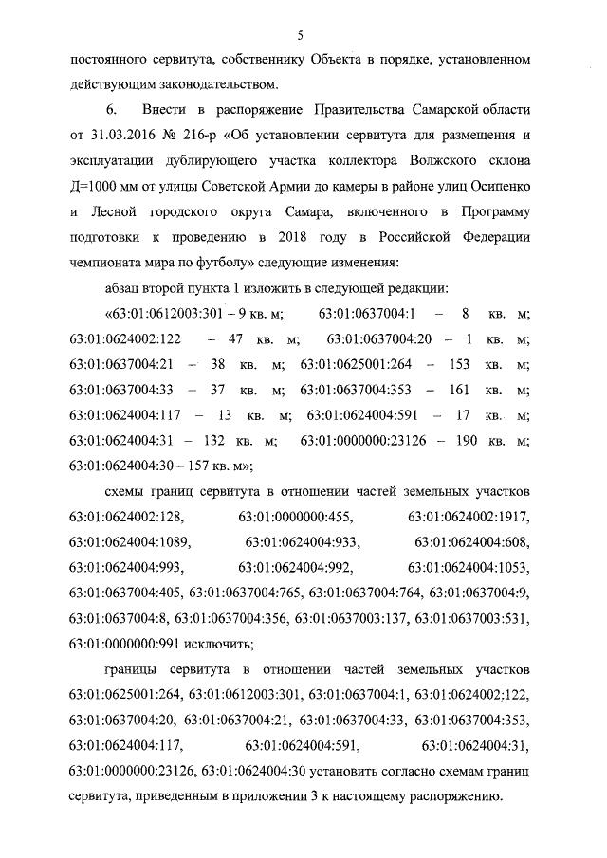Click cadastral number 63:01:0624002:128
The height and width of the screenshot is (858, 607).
(x=127, y=518)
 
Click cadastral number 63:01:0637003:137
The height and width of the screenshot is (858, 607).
(x=351, y=620)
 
